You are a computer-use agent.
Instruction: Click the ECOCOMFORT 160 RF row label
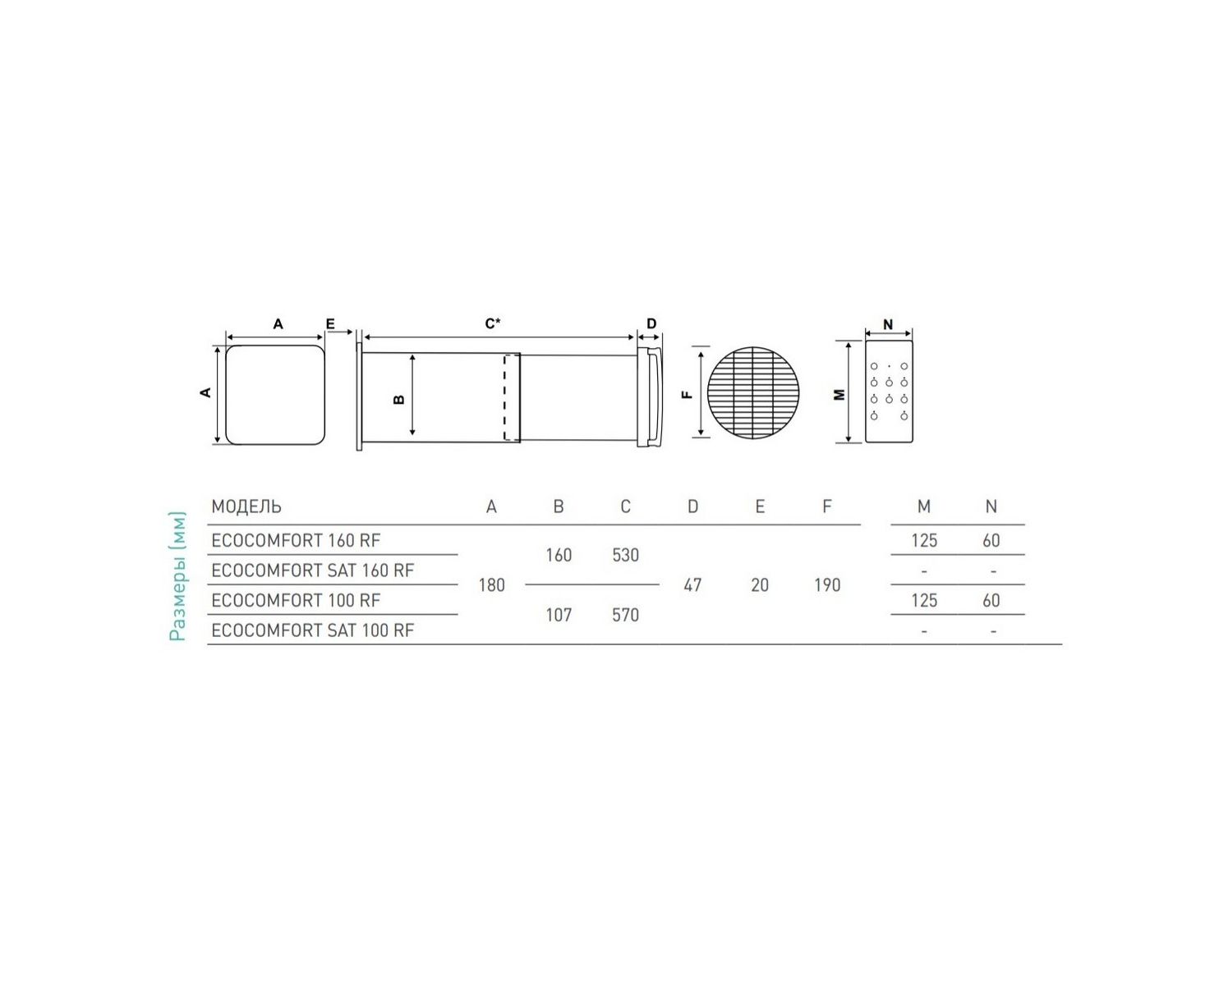click(296, 540)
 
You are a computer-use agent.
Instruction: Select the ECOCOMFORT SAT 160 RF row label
click(312, 570)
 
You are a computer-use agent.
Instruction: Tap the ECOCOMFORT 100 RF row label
click(296, 600)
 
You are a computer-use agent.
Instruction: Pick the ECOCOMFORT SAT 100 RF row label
click(312, 630)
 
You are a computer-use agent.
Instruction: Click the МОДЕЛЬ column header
click(246, 506)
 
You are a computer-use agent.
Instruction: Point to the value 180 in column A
click(491, 585)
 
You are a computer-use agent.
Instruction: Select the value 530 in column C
click(625, 555)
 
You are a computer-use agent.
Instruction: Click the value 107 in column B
click(559, 615)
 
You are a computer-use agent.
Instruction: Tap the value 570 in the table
click(625, 615)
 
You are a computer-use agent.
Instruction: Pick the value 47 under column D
click(692, 585)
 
